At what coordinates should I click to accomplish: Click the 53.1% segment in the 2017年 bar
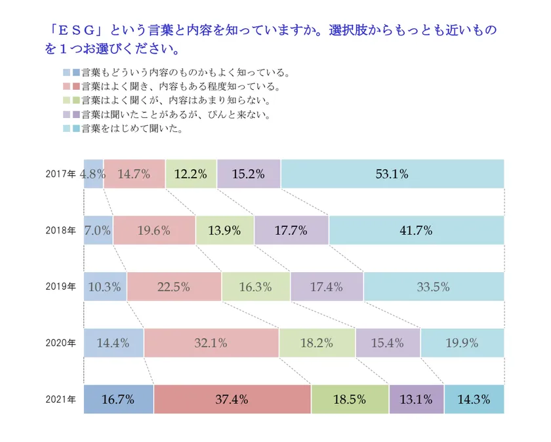pyautogui.click(x=392, y=174)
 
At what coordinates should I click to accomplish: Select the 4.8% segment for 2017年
pyautogui.click(x=94, y=174)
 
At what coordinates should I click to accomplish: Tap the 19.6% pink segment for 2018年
pyautogui.click(x=154, y=230)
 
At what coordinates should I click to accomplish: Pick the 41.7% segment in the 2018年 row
pyautogui.click(x=417, y=230)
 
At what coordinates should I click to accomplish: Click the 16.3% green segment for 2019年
pyautogui.click(x=256, y=287)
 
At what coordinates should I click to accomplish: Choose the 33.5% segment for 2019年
pyautogui.click(x=434, y=287)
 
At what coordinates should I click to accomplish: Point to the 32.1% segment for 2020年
pyautogui.click(x=211, y=342)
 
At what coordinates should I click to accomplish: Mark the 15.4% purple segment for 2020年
pyautogui.click(x=388, y=342)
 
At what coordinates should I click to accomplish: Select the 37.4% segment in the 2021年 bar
pyautogui.click(x=232, y=399)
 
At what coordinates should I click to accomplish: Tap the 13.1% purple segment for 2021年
pyautogui.click(x=417, y=399)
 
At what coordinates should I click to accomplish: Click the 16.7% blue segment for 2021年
pyautogui.click(x=119, y=399)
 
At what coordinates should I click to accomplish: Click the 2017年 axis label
pyautogui.click(x=61, y=174)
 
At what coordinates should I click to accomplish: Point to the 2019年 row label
pyautogui.click(x=61, y=287)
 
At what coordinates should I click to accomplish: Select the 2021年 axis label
pyautogui.click(x=61, y=399)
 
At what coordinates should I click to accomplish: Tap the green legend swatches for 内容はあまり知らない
pyautogui.click(x=71, y=101)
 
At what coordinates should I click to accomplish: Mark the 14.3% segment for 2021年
pyautogui.click(x=474, y=399)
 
